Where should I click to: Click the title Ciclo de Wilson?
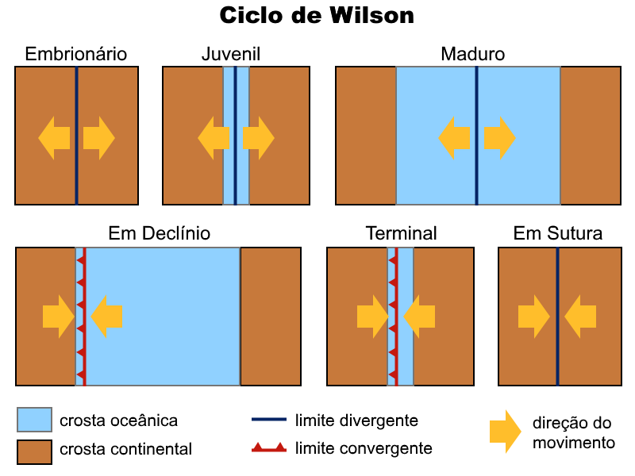(317, 16)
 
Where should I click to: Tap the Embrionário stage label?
(76, 54)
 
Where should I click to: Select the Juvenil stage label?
(231, 54)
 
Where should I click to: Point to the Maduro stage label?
(473, 54)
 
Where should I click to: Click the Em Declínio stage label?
(160, 233)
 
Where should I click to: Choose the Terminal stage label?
(401, 233)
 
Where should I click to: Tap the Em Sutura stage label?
(558, 233)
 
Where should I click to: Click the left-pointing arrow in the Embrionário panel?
(54, 137)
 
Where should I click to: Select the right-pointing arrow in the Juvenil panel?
(259, 137)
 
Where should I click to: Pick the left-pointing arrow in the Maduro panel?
(453, 137)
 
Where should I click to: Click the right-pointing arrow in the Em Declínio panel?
(58, 317)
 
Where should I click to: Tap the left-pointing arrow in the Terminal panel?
(419, 317)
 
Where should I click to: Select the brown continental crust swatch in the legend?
(35, 450)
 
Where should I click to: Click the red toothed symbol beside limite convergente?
(268, 449)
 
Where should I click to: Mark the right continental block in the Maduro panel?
(591, 136)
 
